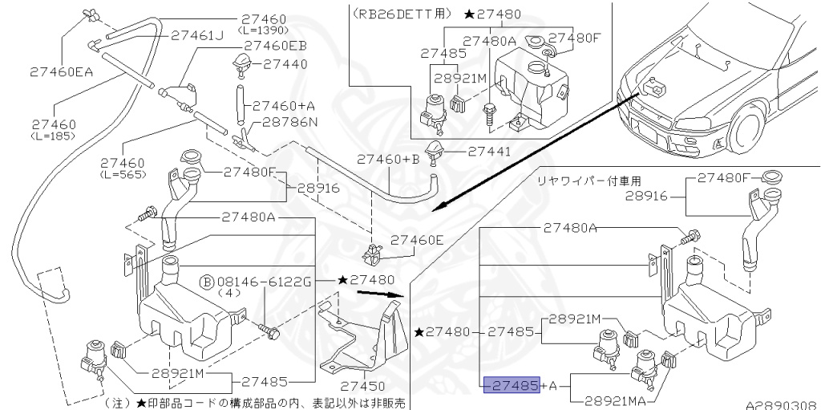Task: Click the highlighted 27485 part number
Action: [x=512, y=386]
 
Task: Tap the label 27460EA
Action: [x=38, y=71]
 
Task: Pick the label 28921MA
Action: [x=619, y=400]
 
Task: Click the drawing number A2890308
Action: [x=786, y=405]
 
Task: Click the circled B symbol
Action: [x=207, y=282]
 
